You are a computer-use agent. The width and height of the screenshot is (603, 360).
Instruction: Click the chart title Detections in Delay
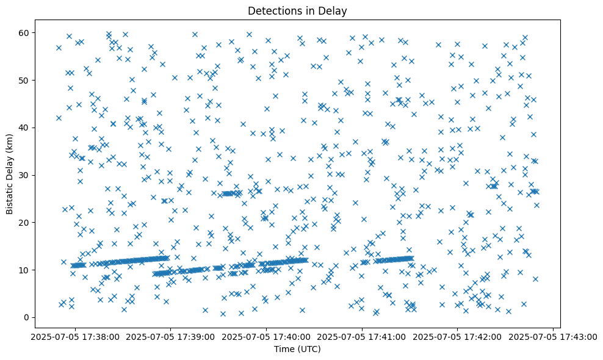pos(301,11)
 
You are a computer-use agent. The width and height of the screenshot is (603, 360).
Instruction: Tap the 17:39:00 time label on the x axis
pos(170,337)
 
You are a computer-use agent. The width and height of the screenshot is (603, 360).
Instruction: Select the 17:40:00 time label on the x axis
pos(266,337)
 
